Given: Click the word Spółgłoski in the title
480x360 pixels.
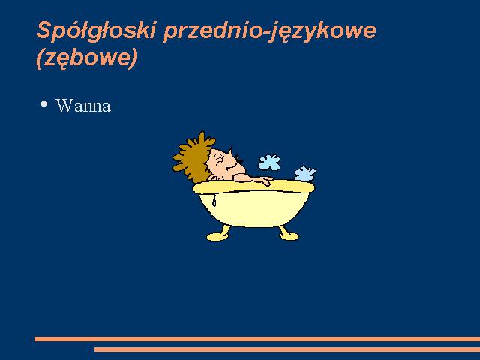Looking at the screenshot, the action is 95,30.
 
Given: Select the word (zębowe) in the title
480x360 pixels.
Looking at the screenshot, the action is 87,58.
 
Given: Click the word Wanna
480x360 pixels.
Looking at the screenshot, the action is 83,106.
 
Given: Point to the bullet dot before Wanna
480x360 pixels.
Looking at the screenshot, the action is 44,103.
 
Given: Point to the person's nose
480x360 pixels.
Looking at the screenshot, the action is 232,152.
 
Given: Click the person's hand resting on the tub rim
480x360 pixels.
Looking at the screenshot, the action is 265,181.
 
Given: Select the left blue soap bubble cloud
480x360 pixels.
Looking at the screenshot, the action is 269,162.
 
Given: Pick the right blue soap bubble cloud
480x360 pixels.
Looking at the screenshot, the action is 305,173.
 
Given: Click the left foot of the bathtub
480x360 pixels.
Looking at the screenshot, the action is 219,234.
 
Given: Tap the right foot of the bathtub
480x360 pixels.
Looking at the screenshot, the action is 288,233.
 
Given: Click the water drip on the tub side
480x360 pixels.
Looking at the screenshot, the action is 214,200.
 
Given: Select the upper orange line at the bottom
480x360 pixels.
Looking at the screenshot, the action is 257,339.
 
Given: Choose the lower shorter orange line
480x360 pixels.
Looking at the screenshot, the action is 287,349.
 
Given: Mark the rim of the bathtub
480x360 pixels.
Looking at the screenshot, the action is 254,187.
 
